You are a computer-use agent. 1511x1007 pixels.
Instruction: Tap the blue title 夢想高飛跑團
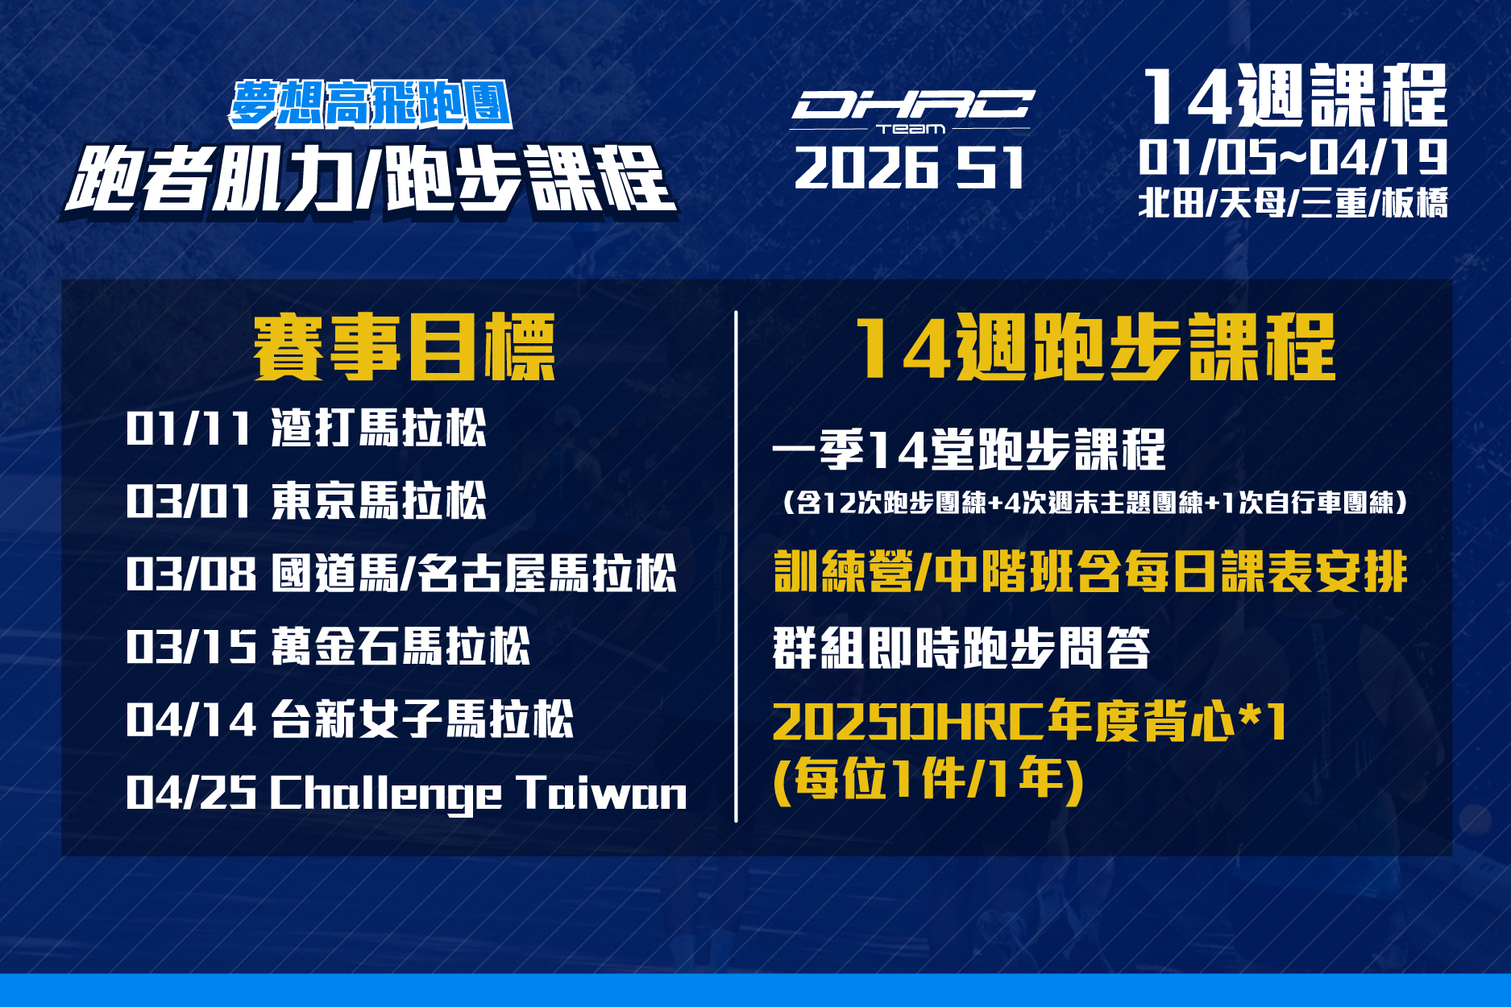pyautogui.click(x=371, y=105)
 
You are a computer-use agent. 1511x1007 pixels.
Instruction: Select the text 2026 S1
pyautogui.click(x=909, y=168)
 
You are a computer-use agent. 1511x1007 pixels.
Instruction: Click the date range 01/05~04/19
pyautogui.click(x=1293, y=157)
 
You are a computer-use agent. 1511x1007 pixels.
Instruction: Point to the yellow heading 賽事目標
pyautogui.click(x=405, y=347)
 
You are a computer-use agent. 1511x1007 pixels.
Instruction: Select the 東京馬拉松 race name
pyautogui.click(x=379, y=500)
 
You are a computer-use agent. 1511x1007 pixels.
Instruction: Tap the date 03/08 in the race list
pyautogui.click(x=191, y=574)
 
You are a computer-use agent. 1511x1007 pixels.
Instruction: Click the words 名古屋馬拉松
pyautogui.click(x=547, y=574)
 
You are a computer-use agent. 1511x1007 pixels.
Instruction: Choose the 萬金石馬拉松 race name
pyautogui.click(x=401, y=646)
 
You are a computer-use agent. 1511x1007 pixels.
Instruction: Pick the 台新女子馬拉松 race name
pyautogui.click(x=422, y=719)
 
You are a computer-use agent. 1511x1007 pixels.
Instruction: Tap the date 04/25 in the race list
pyautogui.click(x=191, y=793)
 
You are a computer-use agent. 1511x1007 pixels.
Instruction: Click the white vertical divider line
pyautogui.click(x=736, y=566)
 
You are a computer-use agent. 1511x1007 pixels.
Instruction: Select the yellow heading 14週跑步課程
pyautogui.click(x=1095, y=347)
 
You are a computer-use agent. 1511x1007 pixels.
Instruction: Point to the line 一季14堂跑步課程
pyautogui.click(x=969, y=450)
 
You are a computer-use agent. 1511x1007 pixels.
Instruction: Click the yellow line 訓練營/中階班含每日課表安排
pyautogui.click(x=1090, y=572)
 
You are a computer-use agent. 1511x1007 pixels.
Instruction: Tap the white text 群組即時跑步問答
pyautogui.click(x=961, y=648)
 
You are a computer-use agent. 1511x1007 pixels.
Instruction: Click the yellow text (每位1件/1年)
pyautogui.click(x=928, y=780)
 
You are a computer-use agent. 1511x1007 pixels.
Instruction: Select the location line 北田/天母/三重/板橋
pyautogui.click(x=1293, y=202)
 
